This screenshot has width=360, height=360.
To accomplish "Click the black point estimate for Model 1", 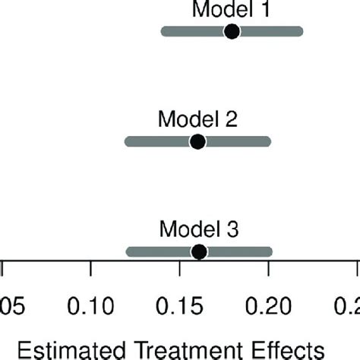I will [x=232, y=31].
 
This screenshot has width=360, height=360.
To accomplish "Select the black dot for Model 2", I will [x=197, y=141].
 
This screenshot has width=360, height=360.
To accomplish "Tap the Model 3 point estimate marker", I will [x=198, y=251].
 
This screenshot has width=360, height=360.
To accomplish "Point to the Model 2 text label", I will [x=197, y=120].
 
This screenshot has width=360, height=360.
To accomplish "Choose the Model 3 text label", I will [x=197, y=229].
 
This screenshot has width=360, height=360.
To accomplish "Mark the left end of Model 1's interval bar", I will [x=165, y=31].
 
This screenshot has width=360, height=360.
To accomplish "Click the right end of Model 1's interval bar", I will [x=299, y=31].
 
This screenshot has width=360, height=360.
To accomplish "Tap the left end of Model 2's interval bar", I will [x=128, y=141].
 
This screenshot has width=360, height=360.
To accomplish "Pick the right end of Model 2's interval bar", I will [x=267, y=141].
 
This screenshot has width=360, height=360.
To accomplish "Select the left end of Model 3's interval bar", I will [x=130, y=251].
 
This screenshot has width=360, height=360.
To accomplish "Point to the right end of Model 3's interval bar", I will [x=268, y=251].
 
